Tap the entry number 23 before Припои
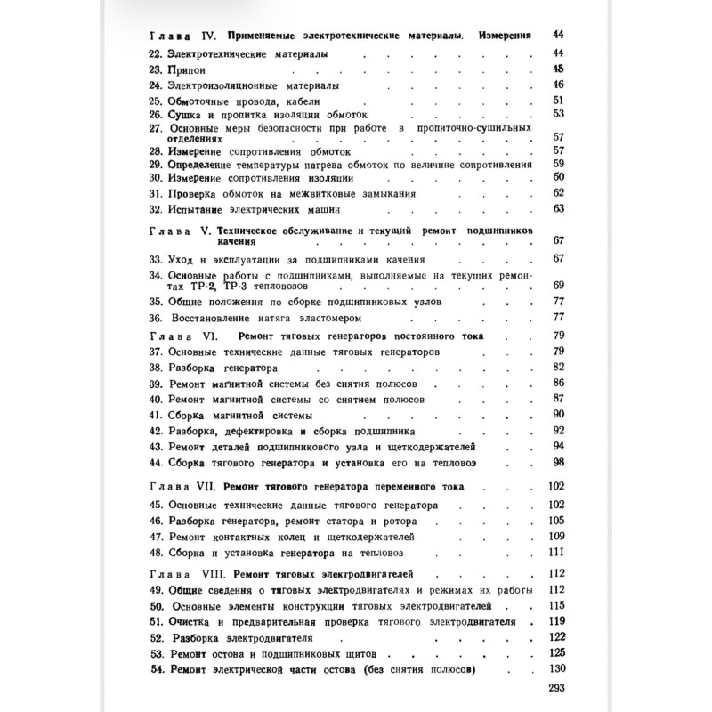[x=154, y=69]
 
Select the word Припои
[x=184, y=69]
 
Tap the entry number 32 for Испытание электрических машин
[x=154, y=209]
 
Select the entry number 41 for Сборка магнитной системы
[x=154, y=415]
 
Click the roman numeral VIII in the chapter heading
[x=208, y=573]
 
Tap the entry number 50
[x=154, y=605]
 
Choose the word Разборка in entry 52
[x=199, y=637]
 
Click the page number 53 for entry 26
[x=560, y=114]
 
